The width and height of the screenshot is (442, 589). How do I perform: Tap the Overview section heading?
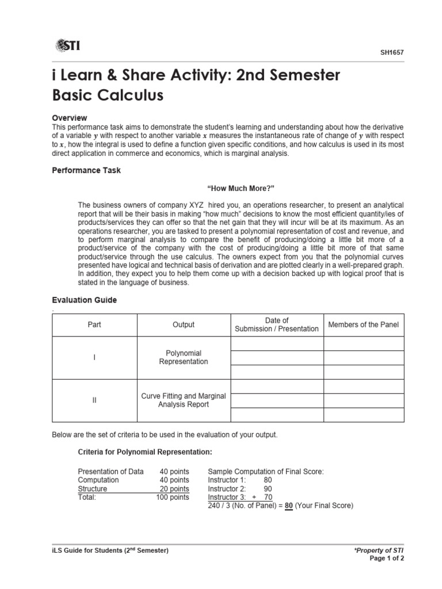click(x=70, y=118)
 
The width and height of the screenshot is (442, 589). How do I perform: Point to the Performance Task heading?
click(x=86, y=171)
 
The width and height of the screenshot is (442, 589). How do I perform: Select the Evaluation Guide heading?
click(x=85, y=300)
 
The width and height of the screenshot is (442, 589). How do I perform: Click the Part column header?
click(x=94, y=325)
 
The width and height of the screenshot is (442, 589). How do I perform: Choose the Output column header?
click(x=184, y=325)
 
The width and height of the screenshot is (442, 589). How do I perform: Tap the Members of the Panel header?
click(x=363, y=325)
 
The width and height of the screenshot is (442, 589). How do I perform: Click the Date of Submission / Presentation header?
click(x=276, y=324)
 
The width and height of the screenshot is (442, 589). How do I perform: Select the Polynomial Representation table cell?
click(x=184, y=357)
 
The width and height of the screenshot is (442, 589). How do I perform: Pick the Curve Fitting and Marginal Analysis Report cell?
click(x=184, y=400)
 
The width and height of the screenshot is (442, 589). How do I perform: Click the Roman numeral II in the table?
click(x=94, y=401)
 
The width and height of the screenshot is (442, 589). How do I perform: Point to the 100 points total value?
click(x=173, y=498)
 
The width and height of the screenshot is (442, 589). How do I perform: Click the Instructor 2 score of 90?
click(x=268, y=489)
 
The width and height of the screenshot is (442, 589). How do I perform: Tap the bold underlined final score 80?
click(x=289, y=506)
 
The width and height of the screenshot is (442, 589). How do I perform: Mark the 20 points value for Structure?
click(x=174, y=489)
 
